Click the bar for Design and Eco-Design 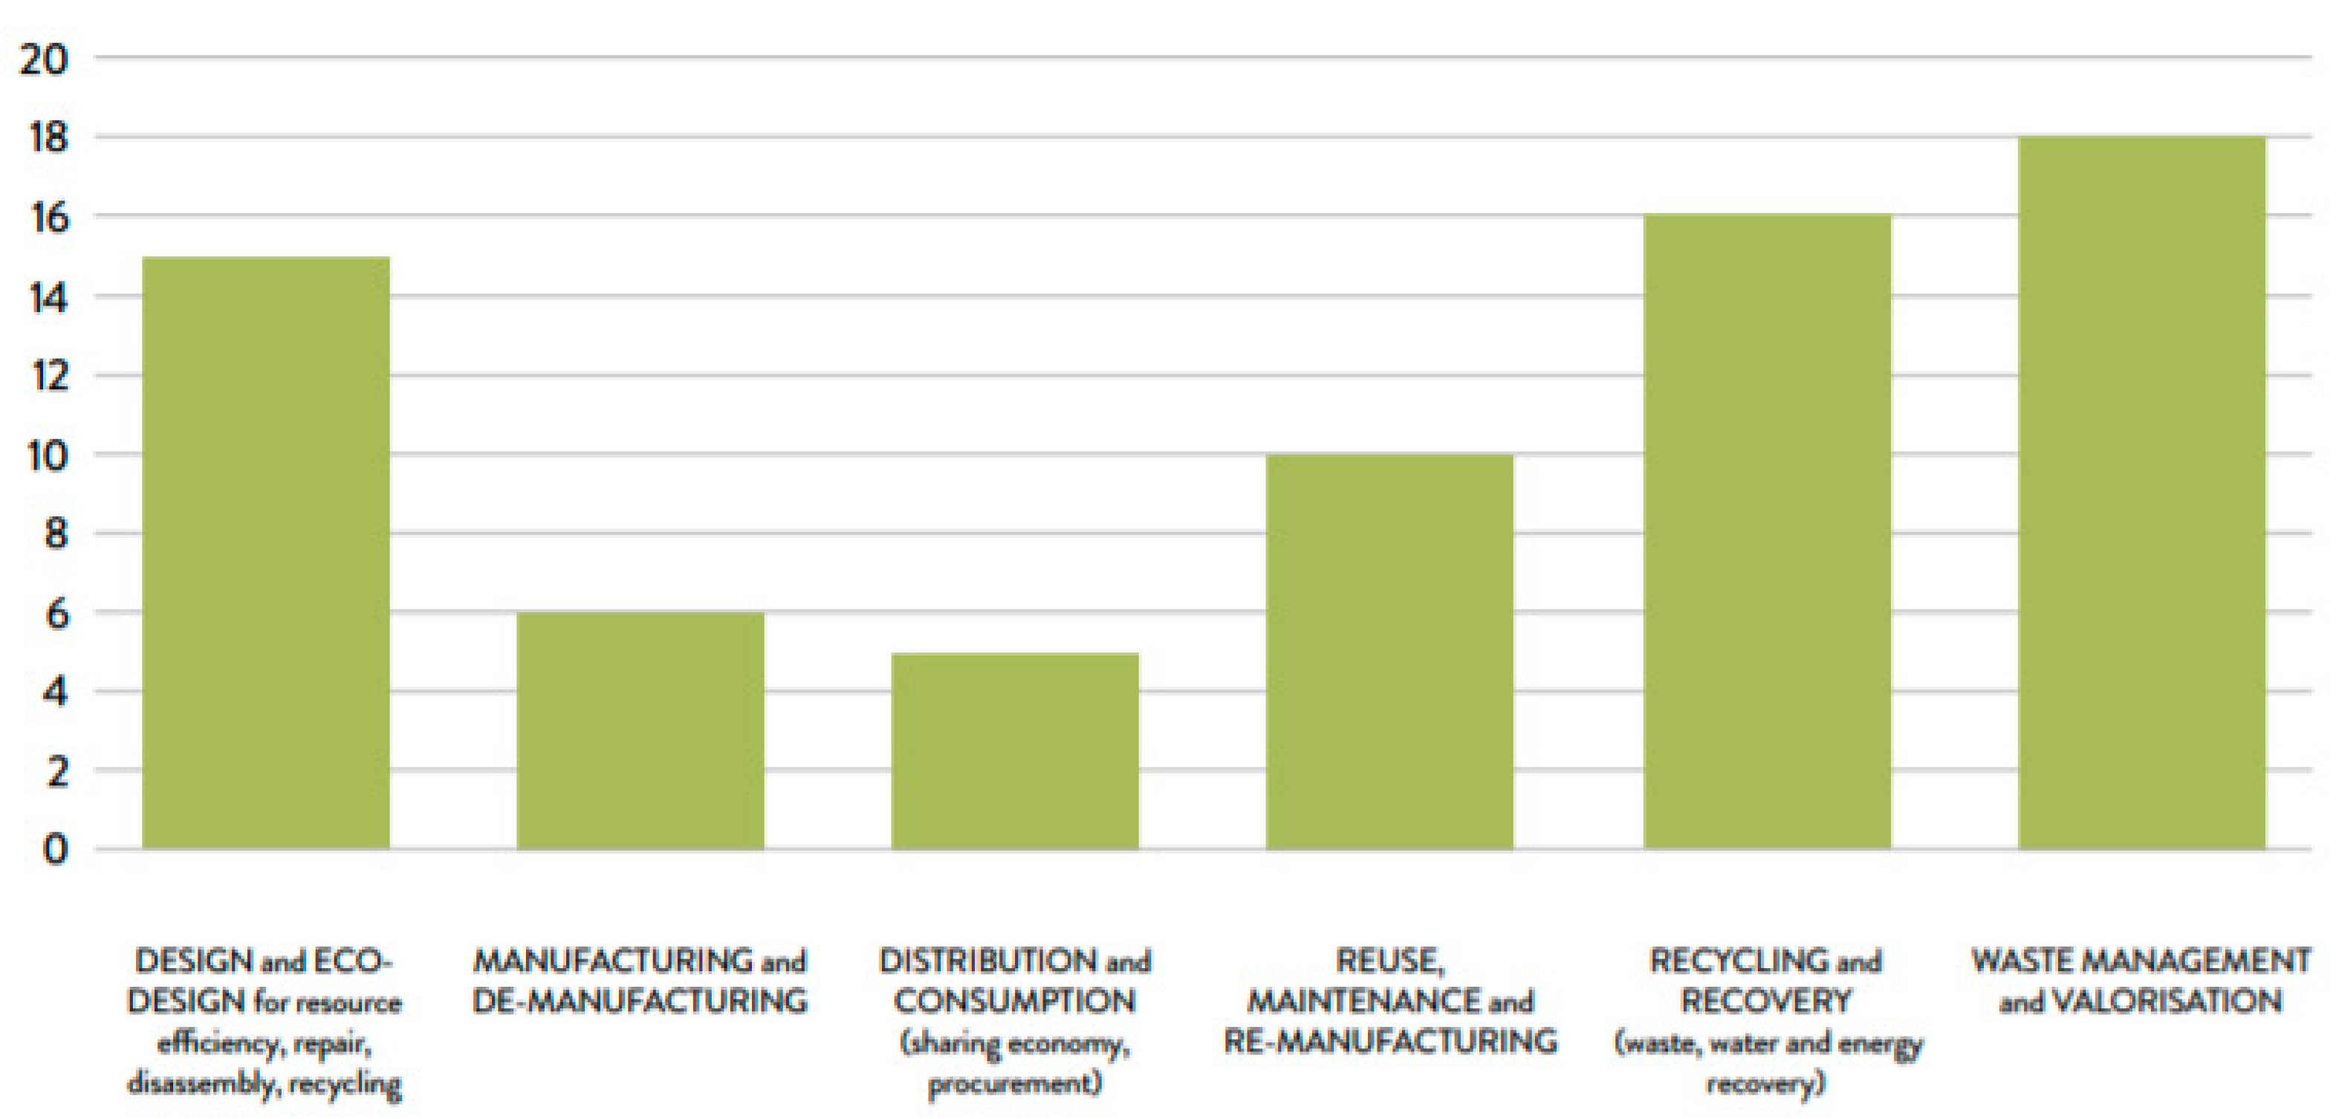(266, 553)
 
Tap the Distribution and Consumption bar (1015, 751)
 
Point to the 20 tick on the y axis (44, 60)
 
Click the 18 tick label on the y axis (47, 138)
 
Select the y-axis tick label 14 (47, 296)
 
